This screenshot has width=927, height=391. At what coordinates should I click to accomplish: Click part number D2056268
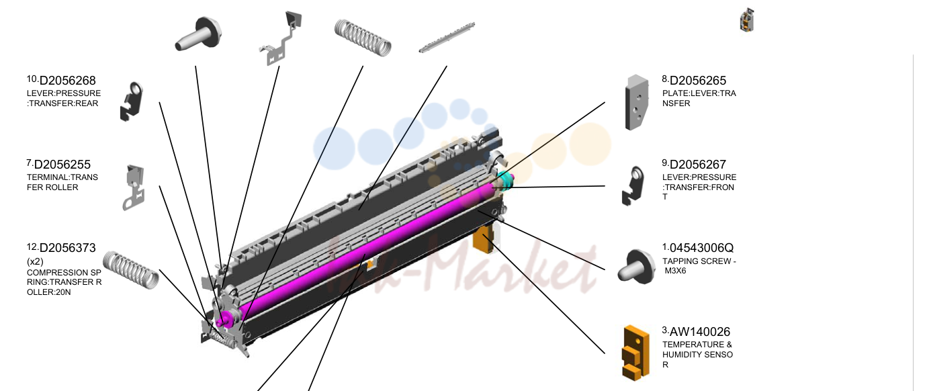(67, 81)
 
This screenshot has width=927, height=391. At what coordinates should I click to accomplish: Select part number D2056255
(62, 165)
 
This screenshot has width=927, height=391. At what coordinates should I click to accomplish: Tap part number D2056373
(67, 248)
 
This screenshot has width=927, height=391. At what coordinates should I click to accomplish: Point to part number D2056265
(698, 81)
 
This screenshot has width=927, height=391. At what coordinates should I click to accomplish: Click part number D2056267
(698, 165)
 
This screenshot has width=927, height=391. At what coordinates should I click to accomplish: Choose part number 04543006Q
(701, 248)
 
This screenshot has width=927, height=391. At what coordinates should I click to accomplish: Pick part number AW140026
(700, 332)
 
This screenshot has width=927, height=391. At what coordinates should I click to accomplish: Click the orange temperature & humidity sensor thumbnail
(635, 353)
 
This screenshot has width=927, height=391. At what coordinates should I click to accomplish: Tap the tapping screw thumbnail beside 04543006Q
(637, 267)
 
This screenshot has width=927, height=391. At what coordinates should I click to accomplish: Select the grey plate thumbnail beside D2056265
(637, 103)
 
